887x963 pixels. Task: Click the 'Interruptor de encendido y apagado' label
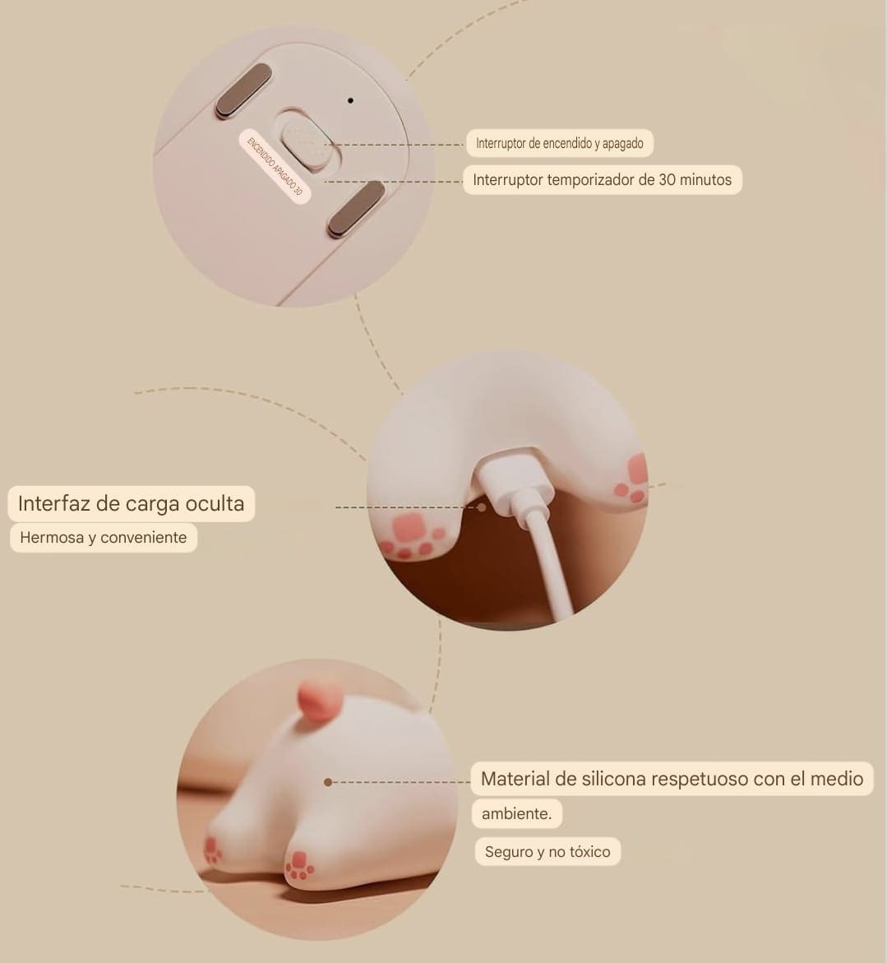pyautogui.click(x=559, y=143)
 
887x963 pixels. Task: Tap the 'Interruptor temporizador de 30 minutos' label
pyautogui.click(x=603, y=180)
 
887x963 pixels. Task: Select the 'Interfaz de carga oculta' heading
pyautogui.click(x=131, y=503)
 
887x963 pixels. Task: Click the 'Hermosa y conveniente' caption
pyautogui.click(x=103, y=537)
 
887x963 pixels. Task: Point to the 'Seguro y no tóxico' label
pyautogui.click(x=547, y=852)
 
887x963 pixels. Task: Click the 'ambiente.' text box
pyautogui.click(x=517, y=814)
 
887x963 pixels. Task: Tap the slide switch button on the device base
pyautogui.click(x=306, y=142)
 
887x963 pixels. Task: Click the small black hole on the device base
pyautogui.click(x=350, y=100)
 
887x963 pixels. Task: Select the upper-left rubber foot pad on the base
pyautogui.click(x=243, y=90)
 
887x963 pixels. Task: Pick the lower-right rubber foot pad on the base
pyautogui.click(x=357, y=209)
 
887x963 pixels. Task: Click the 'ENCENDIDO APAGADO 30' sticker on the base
pyautogui.click(x=275, y=166)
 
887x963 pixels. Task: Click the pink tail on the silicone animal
pyautogui.click(x=317, y=700)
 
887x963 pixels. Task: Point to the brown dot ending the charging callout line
pyautogui.click(x=482, y=507)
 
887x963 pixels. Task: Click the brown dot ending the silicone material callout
pyautogui.click(x=328, y=782)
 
